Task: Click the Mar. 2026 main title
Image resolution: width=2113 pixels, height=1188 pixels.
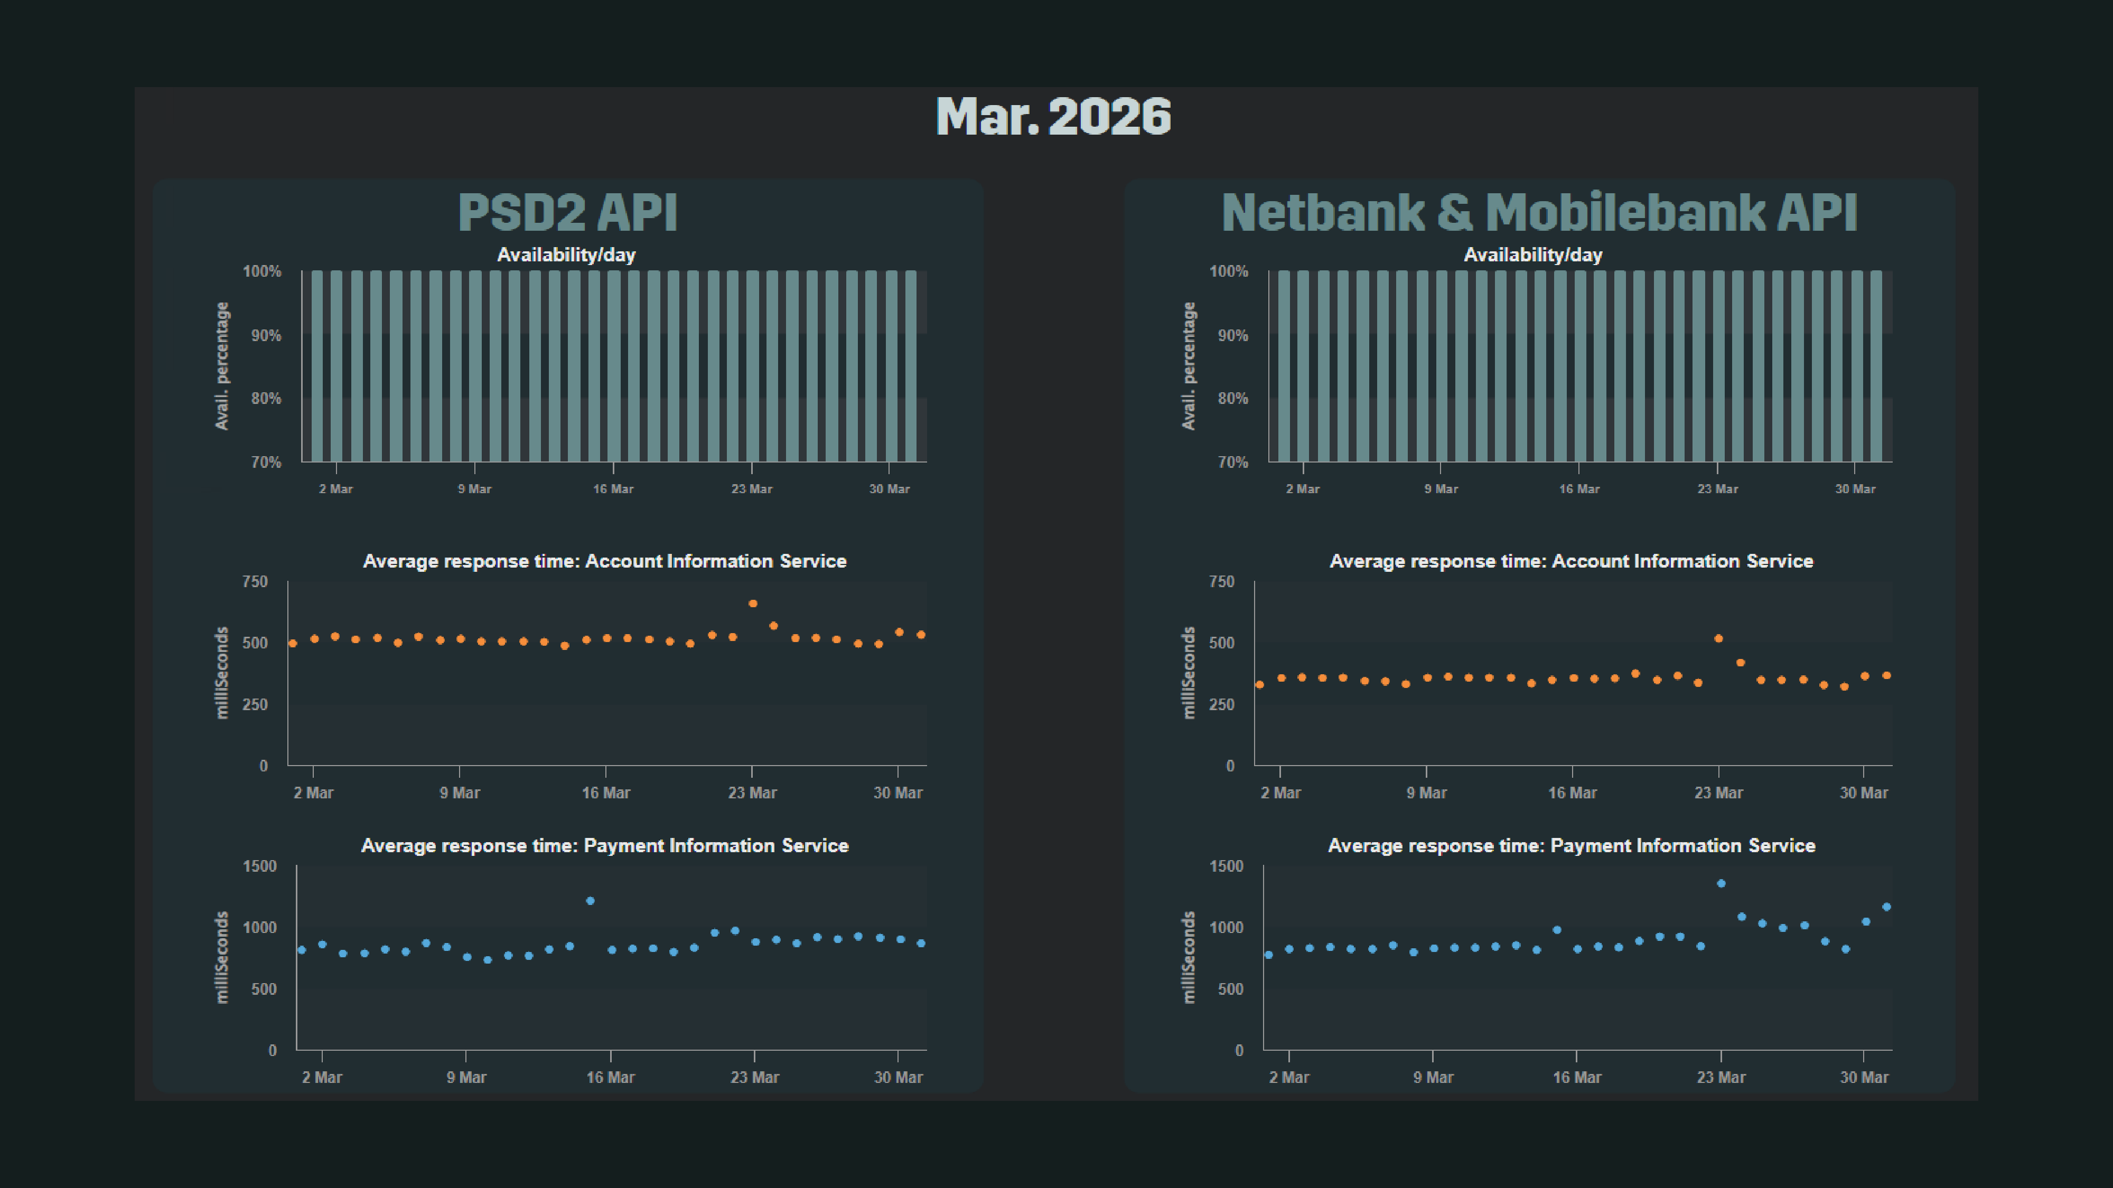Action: tap(1053, 116)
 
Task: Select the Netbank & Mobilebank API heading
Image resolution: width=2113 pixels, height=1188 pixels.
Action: tap(1539, 212)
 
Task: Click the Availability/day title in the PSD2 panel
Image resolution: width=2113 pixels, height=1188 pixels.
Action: tap(566, 255)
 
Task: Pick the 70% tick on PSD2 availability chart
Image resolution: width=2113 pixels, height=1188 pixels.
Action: tap(266, 463)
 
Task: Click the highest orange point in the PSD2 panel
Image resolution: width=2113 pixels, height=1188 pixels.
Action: tap(753, 604)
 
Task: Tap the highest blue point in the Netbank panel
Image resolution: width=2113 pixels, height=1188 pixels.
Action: tap(1721, 883)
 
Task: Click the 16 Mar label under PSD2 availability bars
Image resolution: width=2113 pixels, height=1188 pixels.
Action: tap(613, 488)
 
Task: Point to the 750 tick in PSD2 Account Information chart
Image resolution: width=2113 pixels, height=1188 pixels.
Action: tap(254, 581)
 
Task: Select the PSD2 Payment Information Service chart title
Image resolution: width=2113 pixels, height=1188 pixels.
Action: tap(604, 845)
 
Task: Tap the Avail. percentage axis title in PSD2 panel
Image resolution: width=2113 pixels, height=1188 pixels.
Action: tap(221, 366)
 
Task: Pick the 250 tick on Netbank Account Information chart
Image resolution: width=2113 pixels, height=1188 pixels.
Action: tap(1221, 704)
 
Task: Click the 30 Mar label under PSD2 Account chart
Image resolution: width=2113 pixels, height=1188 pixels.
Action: tap(897, 793)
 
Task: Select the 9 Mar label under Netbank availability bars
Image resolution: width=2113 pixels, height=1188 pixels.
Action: tap(1441, 488)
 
